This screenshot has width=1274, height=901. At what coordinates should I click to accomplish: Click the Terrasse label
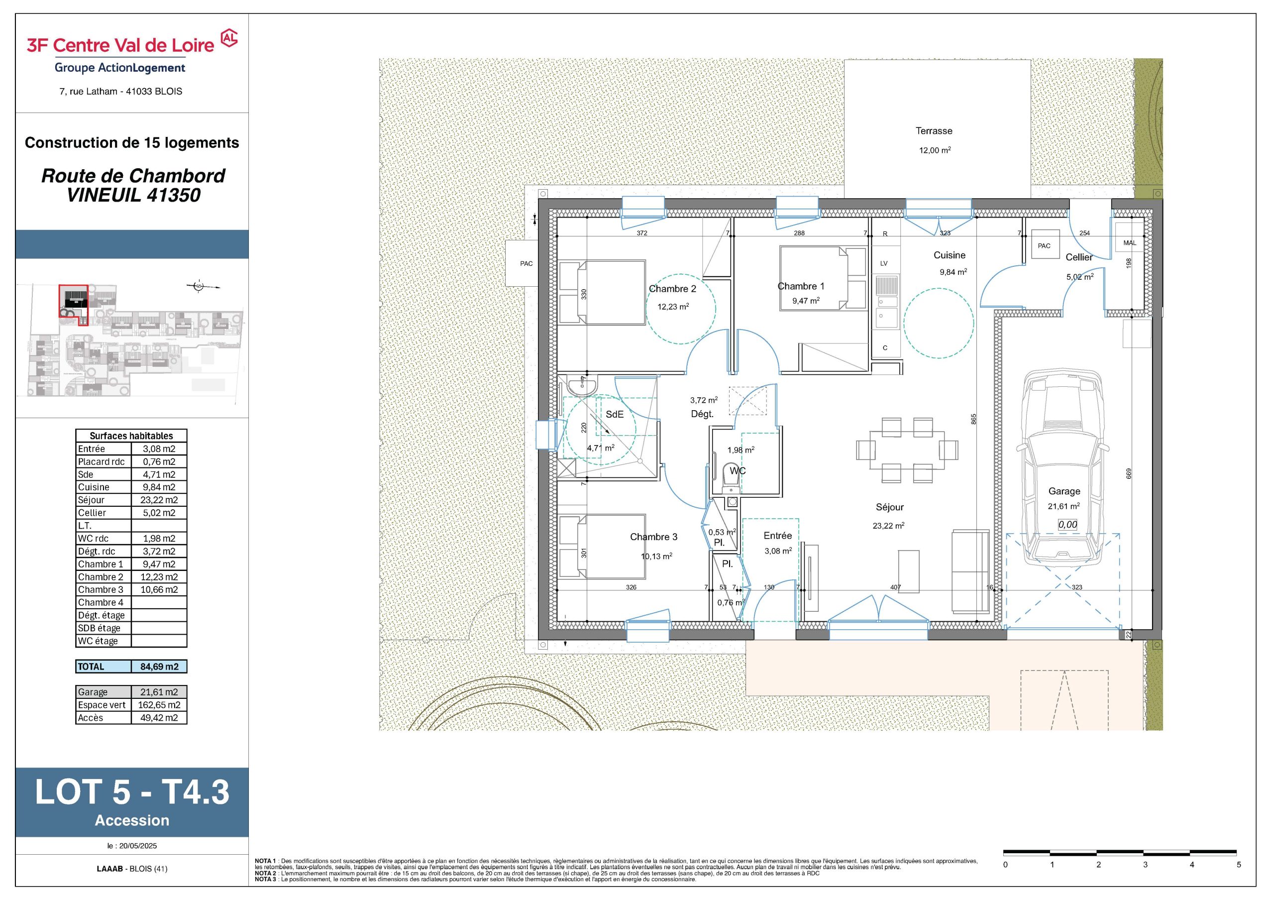click(934, 131)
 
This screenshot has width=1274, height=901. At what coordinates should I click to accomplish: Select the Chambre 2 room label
click(672, 289)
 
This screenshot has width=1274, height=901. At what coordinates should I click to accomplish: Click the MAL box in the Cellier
click(1130, 242)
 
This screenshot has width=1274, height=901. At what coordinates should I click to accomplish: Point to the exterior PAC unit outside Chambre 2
click(526, 264)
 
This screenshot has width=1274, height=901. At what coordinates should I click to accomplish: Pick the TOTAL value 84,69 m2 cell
click(159, 666)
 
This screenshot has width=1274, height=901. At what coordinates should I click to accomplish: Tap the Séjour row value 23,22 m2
click(159, 500)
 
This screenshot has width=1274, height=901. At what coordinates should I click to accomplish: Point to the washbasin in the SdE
click(582, 385)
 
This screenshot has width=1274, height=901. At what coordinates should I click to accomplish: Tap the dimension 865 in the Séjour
click(973, 419)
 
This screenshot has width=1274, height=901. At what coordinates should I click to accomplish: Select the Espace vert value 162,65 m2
click(159, 705)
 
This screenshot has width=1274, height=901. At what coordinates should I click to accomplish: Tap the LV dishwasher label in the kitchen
click(884, 263)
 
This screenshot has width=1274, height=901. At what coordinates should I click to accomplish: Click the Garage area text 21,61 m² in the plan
click(1063, 506)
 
